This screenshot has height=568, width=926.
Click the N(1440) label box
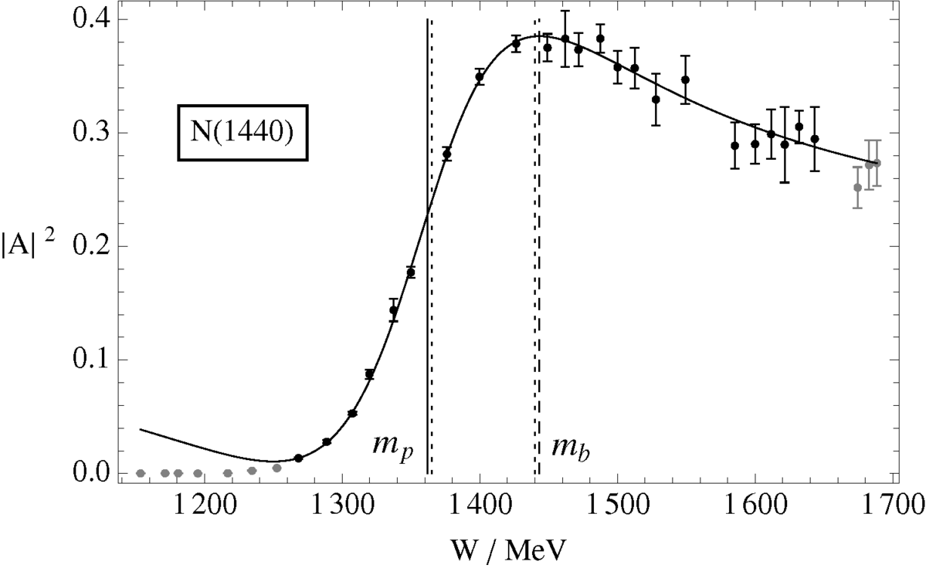pos(243,133)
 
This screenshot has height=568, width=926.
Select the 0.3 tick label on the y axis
pos(86,133)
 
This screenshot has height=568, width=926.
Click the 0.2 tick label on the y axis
pos(86,246)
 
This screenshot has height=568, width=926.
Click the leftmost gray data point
pos(141,473)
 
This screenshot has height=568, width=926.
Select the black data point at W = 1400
pos(480,76)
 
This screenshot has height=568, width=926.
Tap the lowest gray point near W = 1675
pos(857,188)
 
